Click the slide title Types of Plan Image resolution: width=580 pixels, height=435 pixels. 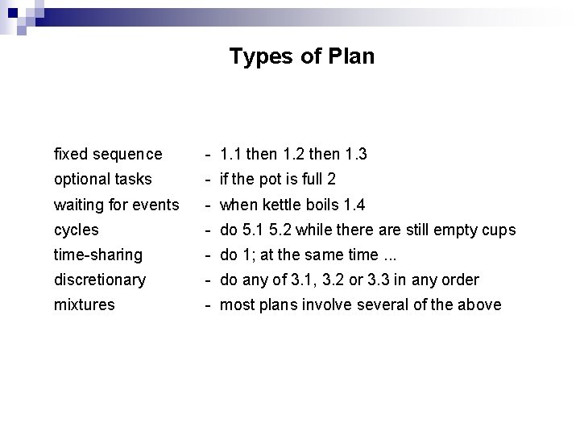coord(301,57)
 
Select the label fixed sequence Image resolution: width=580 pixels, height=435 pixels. coord(108,154)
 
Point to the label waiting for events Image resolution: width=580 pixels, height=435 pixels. coord(116,205)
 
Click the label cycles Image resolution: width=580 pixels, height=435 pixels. coord(76,230)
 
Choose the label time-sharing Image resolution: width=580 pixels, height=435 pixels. coord(97,255)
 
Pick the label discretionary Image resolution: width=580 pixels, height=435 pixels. coord(100,280)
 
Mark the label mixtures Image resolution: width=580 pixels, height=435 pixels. coord(84,304)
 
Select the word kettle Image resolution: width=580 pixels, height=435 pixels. coord(278,205)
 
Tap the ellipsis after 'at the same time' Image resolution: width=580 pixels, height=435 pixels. coord(391,256)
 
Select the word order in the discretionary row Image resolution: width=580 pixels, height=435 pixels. coord(462,280)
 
